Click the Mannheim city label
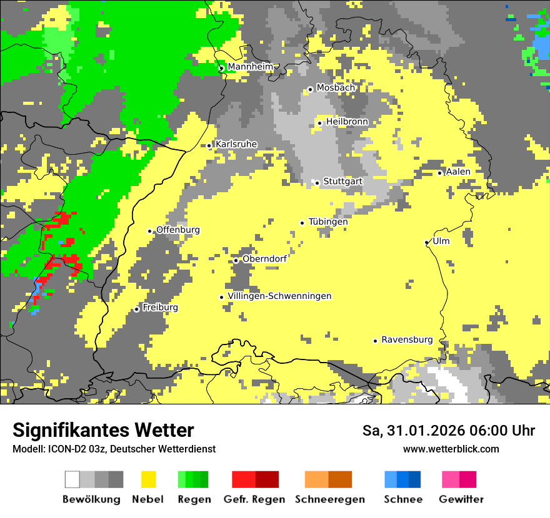250,67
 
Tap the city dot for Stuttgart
317,183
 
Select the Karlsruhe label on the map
236,144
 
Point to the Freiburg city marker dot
137,309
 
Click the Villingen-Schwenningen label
279,296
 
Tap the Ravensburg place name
407,340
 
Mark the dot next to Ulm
427,242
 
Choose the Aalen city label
458,172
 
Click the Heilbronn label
347,122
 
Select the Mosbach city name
336,88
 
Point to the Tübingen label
328,222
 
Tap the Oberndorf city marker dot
236,260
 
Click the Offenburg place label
178,230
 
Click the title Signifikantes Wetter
103,431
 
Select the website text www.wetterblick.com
451,449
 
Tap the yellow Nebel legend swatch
148,479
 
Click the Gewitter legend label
461,499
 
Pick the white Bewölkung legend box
72,479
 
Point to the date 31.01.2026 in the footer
427,431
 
